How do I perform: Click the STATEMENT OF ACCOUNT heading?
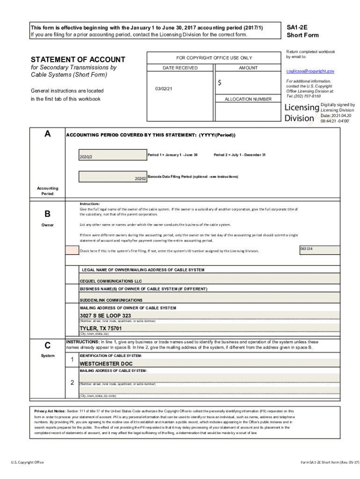pos(78,59)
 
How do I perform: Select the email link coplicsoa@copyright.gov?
pos(310,71)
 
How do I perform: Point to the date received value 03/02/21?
pos(164,88)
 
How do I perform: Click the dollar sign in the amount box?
pos(219,83)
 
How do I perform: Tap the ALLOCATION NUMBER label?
pos(248,99)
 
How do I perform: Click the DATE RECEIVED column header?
pos(180,68)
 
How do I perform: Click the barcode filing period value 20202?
pos(140,179)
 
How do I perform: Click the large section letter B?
pos(47,214)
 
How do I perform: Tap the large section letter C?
pos(47,346)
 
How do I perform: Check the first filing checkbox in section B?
pos(72,250)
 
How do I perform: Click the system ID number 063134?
pos(306,248)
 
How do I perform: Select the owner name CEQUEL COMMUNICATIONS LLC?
pos(111,281)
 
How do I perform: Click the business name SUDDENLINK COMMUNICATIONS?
pos(111,300)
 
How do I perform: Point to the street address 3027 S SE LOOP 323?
pos(105,316)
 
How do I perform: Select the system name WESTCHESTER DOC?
pos(106,363)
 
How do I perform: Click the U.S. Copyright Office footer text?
pos(28,462)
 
